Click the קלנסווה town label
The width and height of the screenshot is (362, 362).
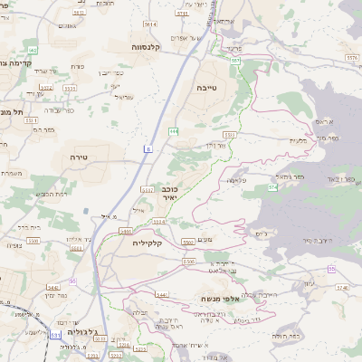[x=146, y=46]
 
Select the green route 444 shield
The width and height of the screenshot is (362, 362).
[x=173, y=132]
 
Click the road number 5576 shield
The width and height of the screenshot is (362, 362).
[x=352, y=56]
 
